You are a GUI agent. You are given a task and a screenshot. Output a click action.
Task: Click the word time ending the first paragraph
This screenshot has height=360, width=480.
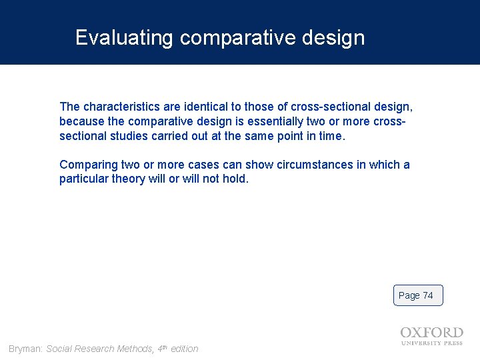click(x=331, y=136)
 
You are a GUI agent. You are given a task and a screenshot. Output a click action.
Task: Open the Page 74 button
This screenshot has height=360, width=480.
click(x=417, y=295)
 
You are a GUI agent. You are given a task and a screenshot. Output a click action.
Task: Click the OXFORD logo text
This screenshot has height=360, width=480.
click(x=431, y=333)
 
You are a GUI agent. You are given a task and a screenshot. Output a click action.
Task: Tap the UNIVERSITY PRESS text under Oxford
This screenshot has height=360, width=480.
click(x=431, y=343)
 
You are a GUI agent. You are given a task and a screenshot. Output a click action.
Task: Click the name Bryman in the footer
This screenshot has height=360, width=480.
click(x=25, y=349)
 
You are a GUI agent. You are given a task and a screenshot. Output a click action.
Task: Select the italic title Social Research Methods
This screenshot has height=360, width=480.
click(x=99, y=349)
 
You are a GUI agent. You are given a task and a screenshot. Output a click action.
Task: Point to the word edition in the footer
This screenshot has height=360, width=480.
click(x=184, y=349)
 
